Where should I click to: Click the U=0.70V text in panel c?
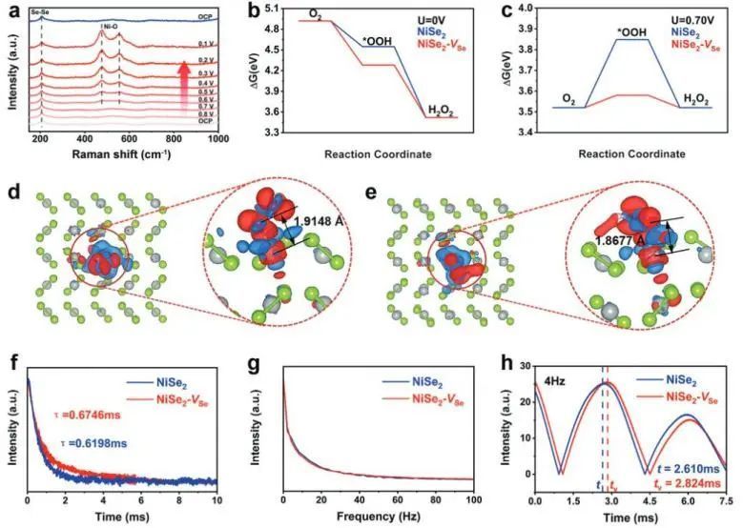click(684, 18)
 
